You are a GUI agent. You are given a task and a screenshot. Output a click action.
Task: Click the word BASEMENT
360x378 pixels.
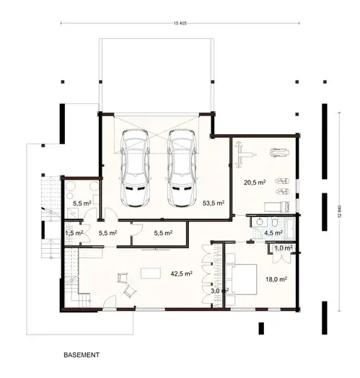(81, 356)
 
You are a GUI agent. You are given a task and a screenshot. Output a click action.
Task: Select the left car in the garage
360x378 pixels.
(137, 167)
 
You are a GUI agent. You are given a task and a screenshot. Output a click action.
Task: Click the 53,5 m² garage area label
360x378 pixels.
(214, 203)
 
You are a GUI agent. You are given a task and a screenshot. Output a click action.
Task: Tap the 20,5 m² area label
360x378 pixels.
(255, 183)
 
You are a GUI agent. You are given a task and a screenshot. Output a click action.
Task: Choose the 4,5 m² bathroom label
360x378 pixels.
(273, 233)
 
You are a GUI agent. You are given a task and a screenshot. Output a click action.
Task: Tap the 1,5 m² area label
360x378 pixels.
(74, 234)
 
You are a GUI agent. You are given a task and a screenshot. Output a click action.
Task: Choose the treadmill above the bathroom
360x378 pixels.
(276, 206)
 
